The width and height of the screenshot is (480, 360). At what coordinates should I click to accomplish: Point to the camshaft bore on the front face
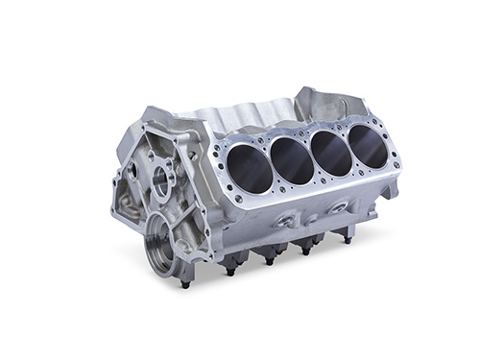162,181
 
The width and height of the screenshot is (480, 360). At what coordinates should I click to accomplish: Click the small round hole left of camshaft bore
133,178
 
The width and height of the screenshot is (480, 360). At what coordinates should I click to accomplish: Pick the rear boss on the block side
339,205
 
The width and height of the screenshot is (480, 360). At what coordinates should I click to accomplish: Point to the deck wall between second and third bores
312,156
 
